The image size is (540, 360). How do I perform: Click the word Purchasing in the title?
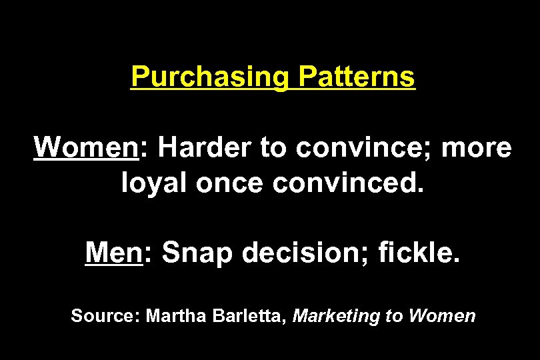(209, 77)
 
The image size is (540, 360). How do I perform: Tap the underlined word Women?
(85, 147)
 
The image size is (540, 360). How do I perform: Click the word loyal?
(155, 181)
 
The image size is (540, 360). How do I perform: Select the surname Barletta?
(246, 315)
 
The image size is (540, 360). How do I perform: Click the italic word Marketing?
(337, 315)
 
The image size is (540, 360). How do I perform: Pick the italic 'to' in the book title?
(395, 315)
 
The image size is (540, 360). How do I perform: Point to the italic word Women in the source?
(442, 315)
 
